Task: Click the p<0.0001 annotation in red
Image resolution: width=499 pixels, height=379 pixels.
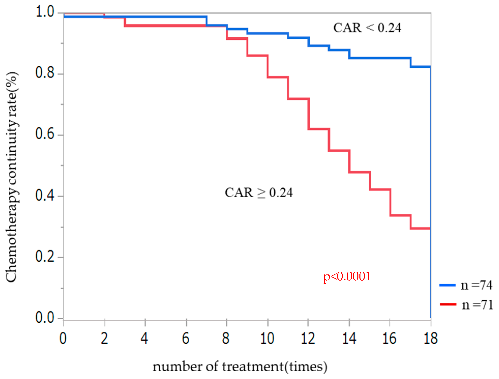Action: point(347,276)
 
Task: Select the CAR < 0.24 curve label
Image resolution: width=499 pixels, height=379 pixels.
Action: point(367,28)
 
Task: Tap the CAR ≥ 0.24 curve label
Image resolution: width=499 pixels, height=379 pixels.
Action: point(259,193)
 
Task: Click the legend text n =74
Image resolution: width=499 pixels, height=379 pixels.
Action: point(476,285)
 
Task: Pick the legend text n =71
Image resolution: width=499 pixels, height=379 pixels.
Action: point(477,305)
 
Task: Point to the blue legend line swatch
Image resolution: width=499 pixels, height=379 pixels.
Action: point(447,285)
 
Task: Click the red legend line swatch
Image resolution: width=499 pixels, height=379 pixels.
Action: point(448,304)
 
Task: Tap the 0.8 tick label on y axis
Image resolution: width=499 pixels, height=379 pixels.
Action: point(45,73)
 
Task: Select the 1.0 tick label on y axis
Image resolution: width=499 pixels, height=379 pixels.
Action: point(45,12)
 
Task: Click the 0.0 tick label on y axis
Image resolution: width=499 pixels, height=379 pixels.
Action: point(45,318)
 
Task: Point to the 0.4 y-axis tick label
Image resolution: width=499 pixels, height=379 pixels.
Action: point(45,195)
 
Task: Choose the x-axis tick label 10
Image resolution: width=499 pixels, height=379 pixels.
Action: point(267,339)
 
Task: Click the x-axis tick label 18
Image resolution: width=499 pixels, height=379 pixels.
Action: point(431,339)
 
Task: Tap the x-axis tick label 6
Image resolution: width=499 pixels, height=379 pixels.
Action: point(186,339)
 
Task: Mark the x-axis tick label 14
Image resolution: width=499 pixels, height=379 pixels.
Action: point(349,339)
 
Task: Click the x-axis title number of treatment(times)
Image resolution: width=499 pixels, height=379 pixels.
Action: point(240,367)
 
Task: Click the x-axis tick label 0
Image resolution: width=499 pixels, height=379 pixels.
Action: point(63,339)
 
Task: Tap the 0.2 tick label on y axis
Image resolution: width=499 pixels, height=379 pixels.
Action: point(45,256)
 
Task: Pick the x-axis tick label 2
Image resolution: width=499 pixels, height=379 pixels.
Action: point(104,339)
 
